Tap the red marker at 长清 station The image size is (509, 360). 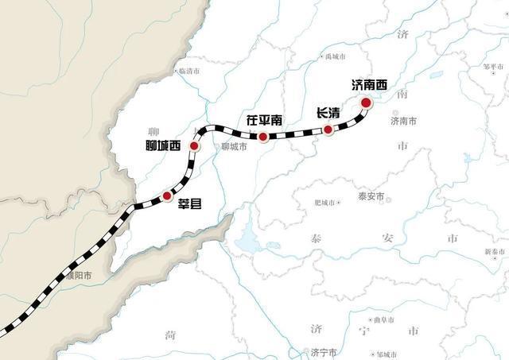tap(328, 129)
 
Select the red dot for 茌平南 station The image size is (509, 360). tap(262, 137)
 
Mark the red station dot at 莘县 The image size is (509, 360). tap(167, 195)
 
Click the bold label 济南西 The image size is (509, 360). tap(370, 83)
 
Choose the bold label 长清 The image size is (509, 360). tap(328, 113)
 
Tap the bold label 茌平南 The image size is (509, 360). tap(264, 121)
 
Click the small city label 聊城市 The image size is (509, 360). tap(235, 147)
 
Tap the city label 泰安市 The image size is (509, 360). tap(371, 196)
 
